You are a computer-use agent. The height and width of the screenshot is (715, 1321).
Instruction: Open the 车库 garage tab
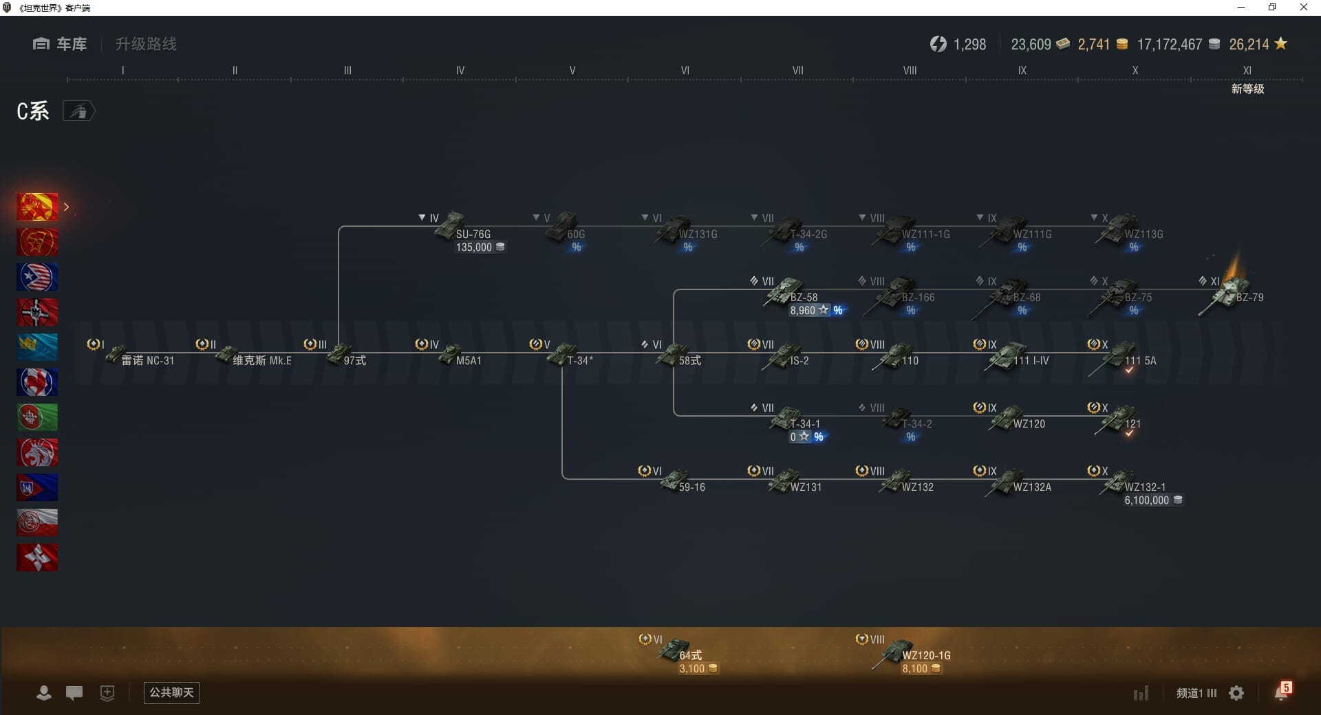(x=61, y=44)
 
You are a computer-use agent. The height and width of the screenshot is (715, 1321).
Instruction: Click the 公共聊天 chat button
(x=171, y=692)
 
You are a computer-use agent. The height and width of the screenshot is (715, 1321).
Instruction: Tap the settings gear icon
(x=1236, y=693)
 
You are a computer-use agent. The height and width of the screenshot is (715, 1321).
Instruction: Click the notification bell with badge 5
(x=1281, y=692)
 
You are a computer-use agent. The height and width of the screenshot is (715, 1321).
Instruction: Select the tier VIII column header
(x=910, y=70)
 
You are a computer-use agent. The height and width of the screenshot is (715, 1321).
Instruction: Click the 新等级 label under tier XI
(x=1247, y=89)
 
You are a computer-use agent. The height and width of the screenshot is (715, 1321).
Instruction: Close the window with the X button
(x=1303, y=8)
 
